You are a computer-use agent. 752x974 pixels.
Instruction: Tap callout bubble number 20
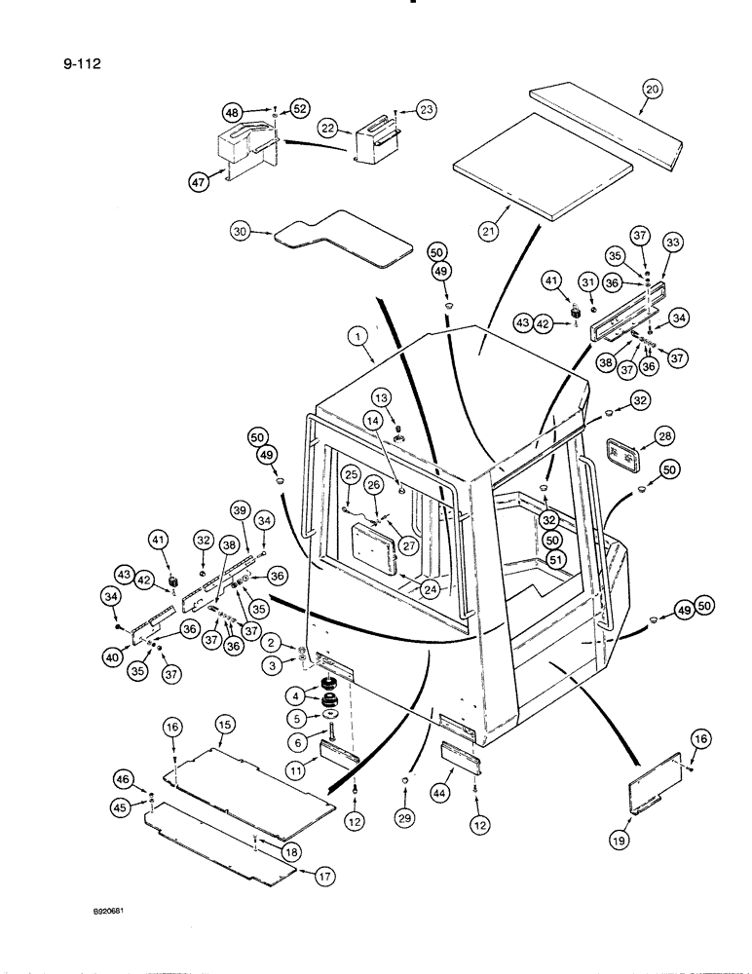[653, 90]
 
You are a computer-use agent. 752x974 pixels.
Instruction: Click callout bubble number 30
[241, 231]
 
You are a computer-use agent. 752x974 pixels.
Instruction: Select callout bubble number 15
[225, 725]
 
